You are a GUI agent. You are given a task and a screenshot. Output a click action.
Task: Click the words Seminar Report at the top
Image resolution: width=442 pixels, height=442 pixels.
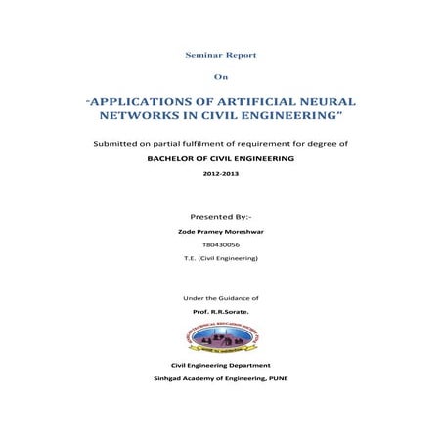pos(221,59)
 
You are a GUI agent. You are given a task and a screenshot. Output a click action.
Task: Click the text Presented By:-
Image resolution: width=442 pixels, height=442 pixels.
pos(220,215)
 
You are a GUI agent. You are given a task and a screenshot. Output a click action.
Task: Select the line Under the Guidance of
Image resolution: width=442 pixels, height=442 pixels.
pos(220,296)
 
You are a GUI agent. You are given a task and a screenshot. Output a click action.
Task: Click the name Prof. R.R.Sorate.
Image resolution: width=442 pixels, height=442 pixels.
pos(220,310)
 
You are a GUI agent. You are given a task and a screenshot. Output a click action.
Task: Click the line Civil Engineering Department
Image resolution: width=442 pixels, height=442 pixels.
pos(220,365)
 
